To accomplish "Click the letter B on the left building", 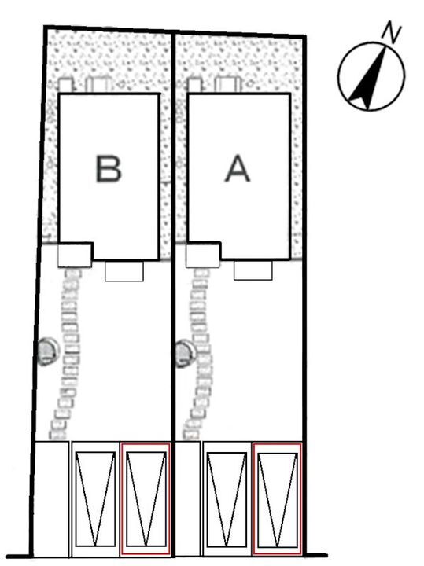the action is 109,168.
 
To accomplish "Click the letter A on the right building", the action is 238,168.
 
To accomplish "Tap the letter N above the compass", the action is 392,31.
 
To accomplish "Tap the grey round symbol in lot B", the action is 47,351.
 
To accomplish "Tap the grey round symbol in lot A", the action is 186,353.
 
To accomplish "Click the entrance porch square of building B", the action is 75,255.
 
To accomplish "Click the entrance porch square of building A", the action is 203,255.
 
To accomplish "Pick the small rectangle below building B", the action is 124,271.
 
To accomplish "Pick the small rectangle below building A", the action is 253,270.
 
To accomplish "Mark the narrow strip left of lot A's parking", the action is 188,498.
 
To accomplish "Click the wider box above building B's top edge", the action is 98,85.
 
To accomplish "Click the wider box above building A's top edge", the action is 227,85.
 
